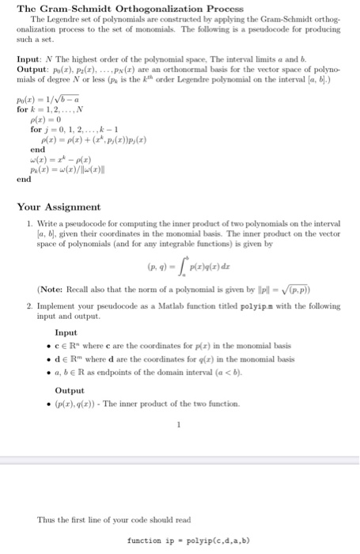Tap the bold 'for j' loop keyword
coord(39,129)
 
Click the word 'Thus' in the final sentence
coord(46,519)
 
